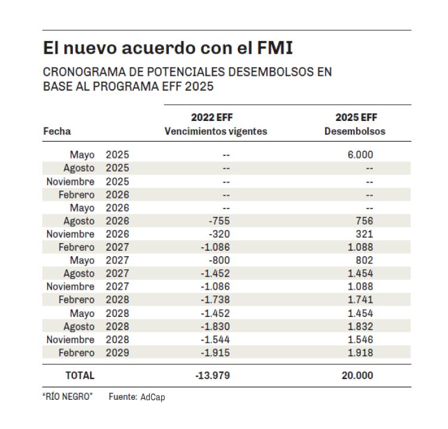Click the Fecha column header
[x=57, y=131]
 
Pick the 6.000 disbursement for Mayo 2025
[x=360, y=155]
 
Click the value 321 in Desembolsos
[x=364, y=234]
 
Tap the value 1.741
[x=360, y=300]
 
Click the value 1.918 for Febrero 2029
[x=360, y=353]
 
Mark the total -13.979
[x=212, y=376]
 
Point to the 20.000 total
[x=357, y=376]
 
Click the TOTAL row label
[x=80, y=376]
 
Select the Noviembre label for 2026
[x=70, y=234]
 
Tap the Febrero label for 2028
[x=76, y=300]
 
